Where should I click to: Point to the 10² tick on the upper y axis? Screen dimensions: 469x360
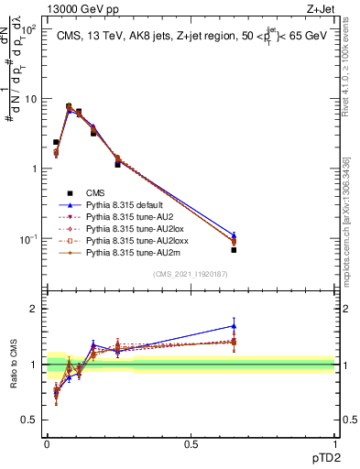click(31, 29)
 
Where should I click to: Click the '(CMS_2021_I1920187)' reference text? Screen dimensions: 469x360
click(191, 274)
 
